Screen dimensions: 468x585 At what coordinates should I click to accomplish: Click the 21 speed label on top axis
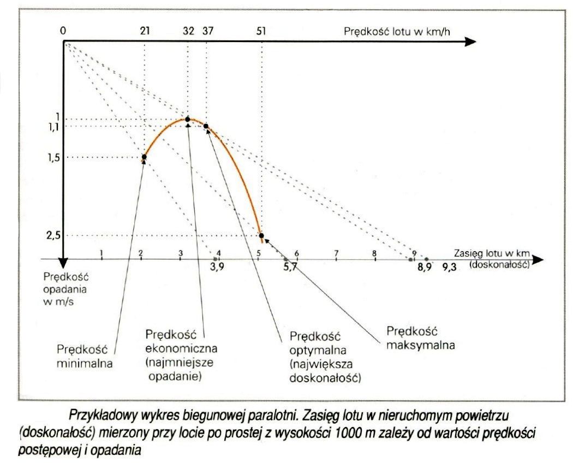(x=145, y=31)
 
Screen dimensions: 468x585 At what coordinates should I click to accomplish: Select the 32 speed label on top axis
(x=188, y=31)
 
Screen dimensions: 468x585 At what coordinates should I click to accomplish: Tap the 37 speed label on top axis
(x=207, y=31)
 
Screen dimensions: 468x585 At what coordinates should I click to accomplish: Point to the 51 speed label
(x=261, y=31)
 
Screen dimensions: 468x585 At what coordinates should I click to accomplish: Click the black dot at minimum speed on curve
(x=144, y=157)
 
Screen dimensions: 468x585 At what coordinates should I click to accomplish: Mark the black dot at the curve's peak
(x=188, y=119)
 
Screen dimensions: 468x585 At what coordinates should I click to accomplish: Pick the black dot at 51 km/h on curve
(x=261, y=235)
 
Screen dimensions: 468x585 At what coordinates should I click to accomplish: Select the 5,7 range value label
(x=289, y=266)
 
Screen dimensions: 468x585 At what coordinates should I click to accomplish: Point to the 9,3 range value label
(x=450, y=266)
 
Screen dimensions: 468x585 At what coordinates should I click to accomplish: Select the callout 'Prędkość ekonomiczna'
(x=174, y=355)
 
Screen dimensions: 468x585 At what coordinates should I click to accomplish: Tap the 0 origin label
(x=63, y=31)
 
